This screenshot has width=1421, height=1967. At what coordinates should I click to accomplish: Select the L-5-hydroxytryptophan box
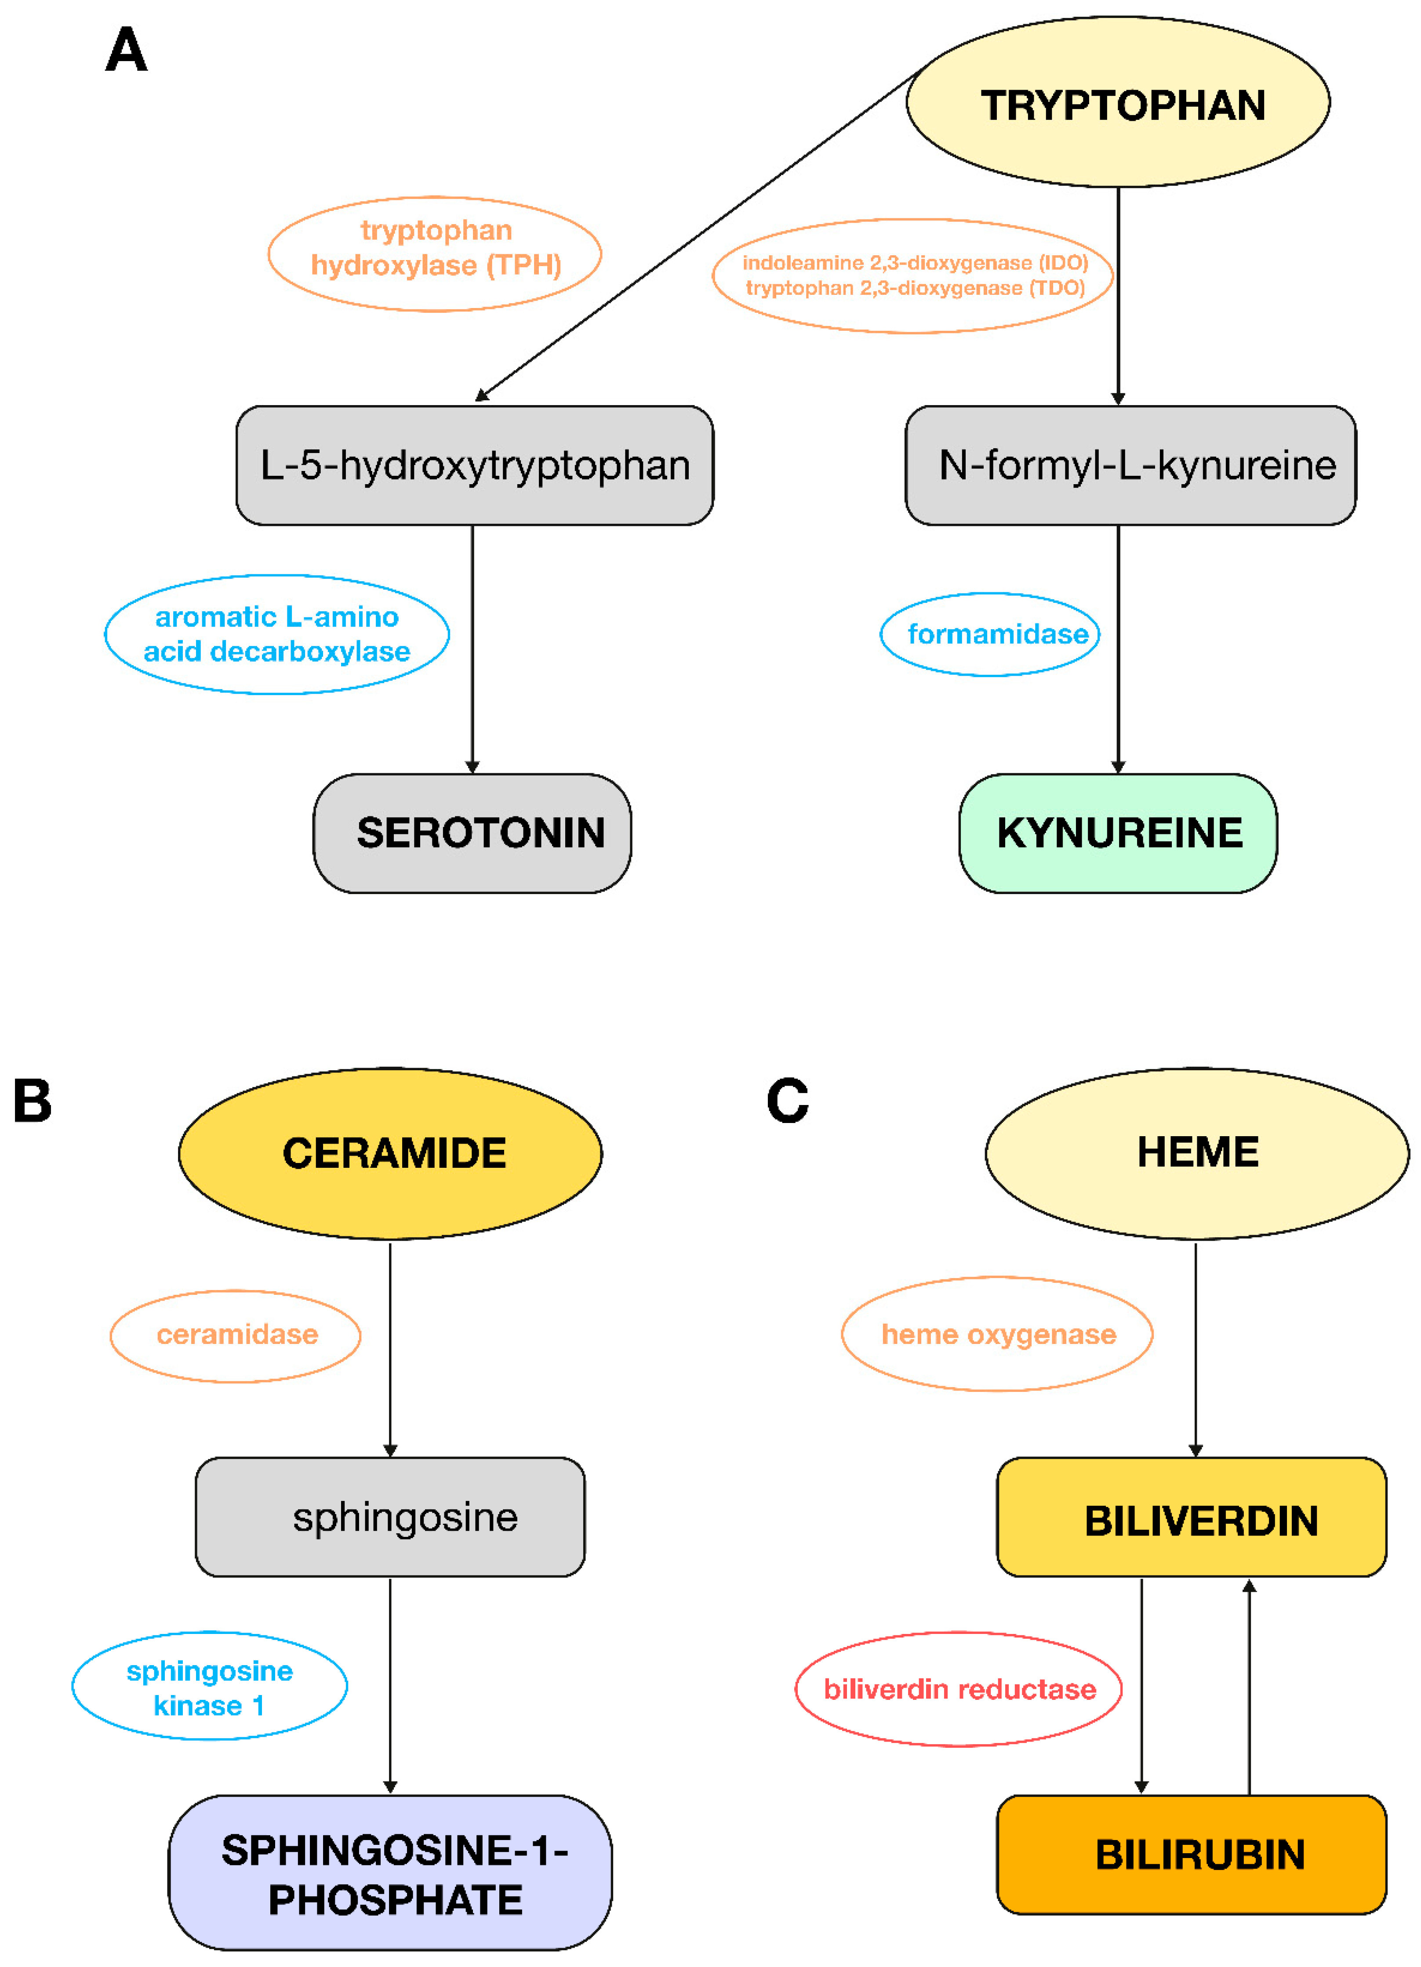[475, 465]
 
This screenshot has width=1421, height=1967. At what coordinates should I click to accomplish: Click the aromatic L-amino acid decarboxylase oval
[277, 634]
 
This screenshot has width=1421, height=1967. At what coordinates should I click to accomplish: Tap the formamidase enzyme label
[990, 634]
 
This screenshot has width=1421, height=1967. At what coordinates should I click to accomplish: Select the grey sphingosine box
[390, 1517]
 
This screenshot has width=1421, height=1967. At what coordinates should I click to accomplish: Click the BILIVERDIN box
[1191, 1517]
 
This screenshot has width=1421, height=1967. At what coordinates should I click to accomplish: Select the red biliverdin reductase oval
[959, 1688]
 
